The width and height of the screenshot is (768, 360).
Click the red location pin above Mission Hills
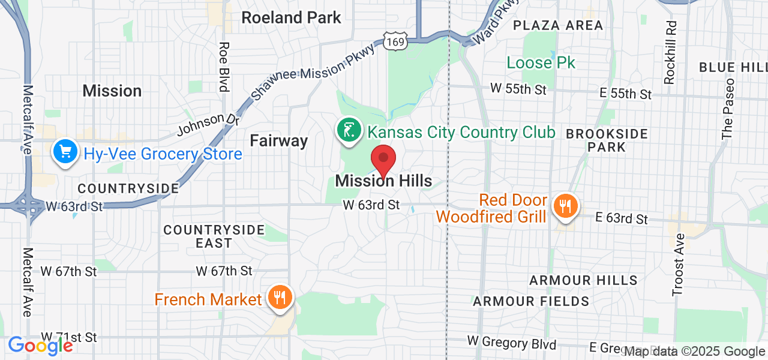[x=383, y=160]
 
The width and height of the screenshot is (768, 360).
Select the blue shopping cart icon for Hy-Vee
[x=65, y=152]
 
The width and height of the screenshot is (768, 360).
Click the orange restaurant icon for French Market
[x=280, y=298]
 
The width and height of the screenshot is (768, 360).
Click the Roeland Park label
[x=291, y=18]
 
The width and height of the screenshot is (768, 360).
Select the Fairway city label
[x=278, y=141]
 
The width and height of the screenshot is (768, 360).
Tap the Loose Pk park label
[x=541, y=62]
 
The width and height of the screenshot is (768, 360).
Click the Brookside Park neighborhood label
[x=607, y=140]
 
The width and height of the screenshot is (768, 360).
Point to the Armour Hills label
[x=583, y=280]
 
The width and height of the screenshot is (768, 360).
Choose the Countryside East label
[x=214, y=236]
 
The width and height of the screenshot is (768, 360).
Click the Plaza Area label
[x=558, y=25]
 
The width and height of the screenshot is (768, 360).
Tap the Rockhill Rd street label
[x=670, y=52]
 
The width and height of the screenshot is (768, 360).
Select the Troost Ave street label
[x=679, y=264]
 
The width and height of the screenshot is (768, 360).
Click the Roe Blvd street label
[x=224, y=67]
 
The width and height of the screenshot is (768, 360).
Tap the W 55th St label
[x=518, y=89]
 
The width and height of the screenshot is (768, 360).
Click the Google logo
[x=40, y=346]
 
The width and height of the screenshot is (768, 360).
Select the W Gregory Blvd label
[x=511, y=343]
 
